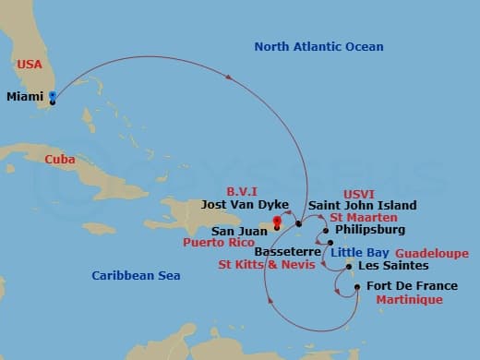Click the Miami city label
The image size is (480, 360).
(25, 96)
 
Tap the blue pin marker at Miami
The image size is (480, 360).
(53, 96)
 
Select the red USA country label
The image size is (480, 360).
(29, 65)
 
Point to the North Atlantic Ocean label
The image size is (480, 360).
(318, 47)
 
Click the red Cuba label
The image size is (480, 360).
(60, 159)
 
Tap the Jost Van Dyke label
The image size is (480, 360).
(245, 205)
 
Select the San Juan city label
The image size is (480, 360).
(237, 231)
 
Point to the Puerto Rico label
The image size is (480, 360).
(219, 245)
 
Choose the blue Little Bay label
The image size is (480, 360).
(358, 252)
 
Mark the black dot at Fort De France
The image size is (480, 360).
(357, 287)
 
